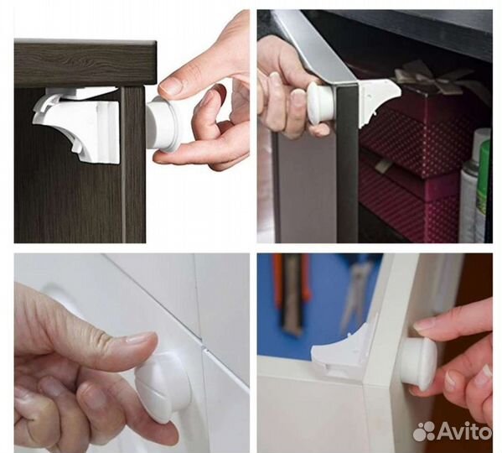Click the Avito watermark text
click(x=463, y=430)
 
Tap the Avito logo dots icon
click(x=423, y=431)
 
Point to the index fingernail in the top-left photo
click(x=171, y=85)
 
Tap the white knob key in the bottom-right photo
click(x=419, y=364)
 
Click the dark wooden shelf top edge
click(x=85, y=42)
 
